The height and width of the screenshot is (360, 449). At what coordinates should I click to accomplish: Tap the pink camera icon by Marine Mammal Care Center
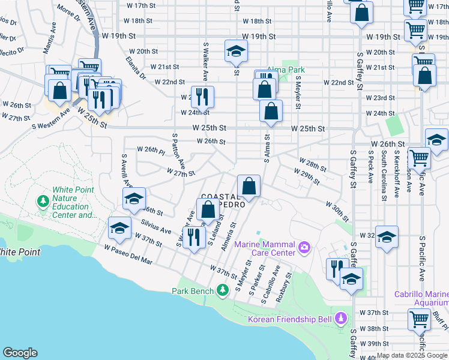[x=304, y=247]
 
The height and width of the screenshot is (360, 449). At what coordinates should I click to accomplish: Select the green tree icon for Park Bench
[x=223, y=291]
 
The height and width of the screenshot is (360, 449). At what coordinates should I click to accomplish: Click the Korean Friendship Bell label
[x=291, y=319]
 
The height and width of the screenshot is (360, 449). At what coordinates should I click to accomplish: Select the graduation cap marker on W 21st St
[x=236, y=52]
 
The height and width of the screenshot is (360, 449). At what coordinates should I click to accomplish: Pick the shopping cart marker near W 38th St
[x=419, y=320]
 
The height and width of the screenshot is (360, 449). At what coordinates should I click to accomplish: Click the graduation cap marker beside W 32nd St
[x=387, y=237]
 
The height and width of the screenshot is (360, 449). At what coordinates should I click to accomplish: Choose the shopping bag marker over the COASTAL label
[x=249, y=187]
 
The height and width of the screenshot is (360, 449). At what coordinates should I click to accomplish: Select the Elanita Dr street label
[x=136, y=67]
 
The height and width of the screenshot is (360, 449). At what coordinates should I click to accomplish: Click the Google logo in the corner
[x=20, y=353]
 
